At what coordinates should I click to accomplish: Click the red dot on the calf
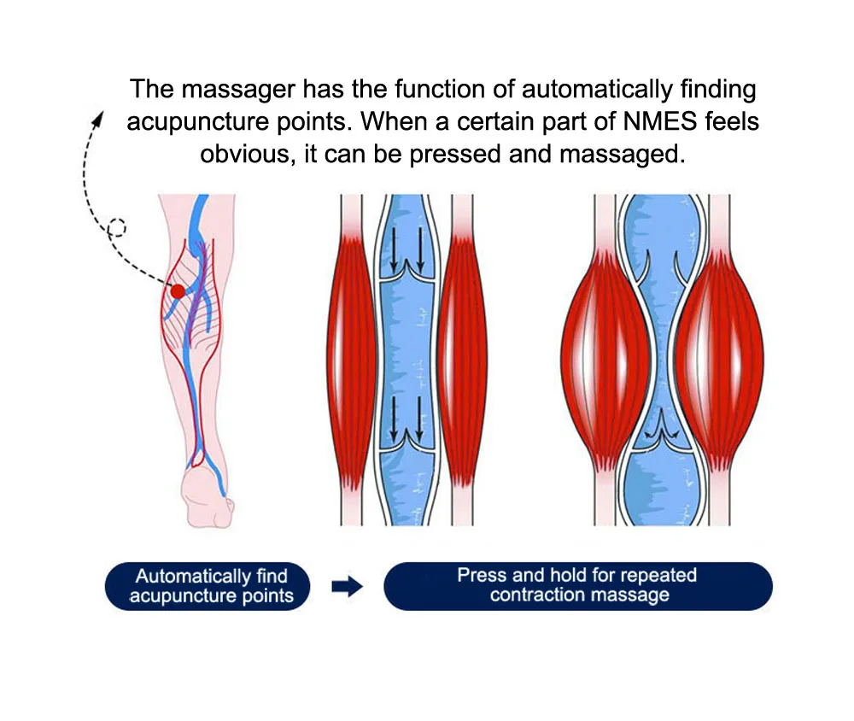[x=178, y=291]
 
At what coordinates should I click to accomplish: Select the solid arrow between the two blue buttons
[x=347, y=586]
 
